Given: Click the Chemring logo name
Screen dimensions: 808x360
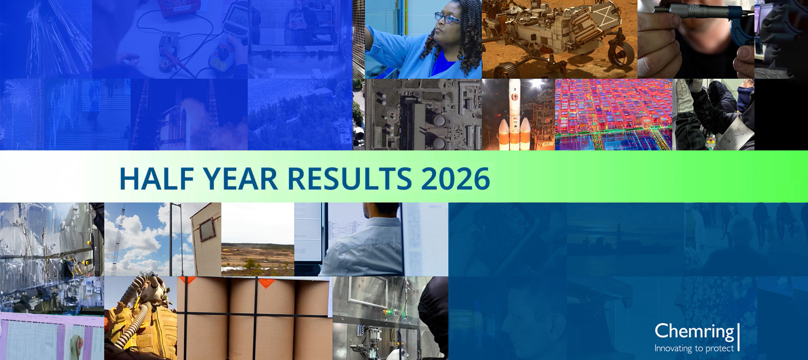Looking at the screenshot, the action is [694, 331].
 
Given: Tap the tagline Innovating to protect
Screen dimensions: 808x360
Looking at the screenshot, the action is [694, 349].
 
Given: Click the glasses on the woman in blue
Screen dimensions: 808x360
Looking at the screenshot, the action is [447, 18].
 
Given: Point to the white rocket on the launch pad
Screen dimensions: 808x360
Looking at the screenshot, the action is [515, 114].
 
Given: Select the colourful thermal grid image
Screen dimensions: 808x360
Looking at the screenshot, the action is [614, 114].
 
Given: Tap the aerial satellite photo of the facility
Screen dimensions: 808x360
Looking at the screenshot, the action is [417, 114].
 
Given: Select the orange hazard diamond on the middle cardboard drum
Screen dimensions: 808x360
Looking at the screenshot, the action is [266, 282].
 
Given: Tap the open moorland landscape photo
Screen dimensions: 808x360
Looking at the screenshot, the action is [257, 239].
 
